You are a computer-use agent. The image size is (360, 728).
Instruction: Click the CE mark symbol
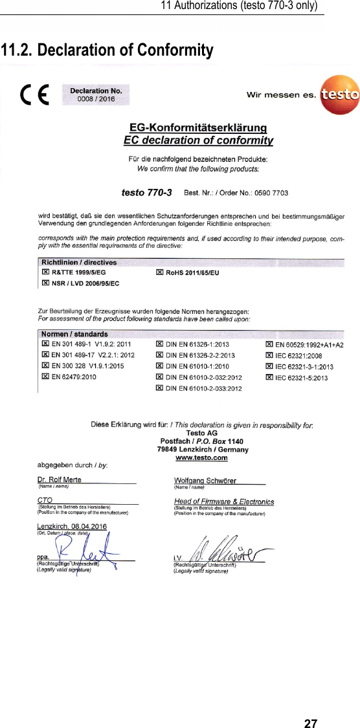(x=34, y=96)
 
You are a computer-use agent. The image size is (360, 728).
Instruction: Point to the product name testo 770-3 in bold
(x=146, y=192)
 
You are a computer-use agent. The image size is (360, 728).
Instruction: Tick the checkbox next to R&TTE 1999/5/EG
(x=45, y=273)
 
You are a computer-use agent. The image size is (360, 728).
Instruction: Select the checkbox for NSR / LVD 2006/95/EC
(x=45, y=283)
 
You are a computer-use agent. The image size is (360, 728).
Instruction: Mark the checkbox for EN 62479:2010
(x=45, y=376)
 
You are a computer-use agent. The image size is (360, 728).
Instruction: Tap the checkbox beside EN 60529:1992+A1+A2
(x=269, y=345)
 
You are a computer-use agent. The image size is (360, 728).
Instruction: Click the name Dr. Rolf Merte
(x=59, y=480)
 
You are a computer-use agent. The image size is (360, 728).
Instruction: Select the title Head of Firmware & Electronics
(x=224, y=502)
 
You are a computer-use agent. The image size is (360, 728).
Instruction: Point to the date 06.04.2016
(x=89, y=526)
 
